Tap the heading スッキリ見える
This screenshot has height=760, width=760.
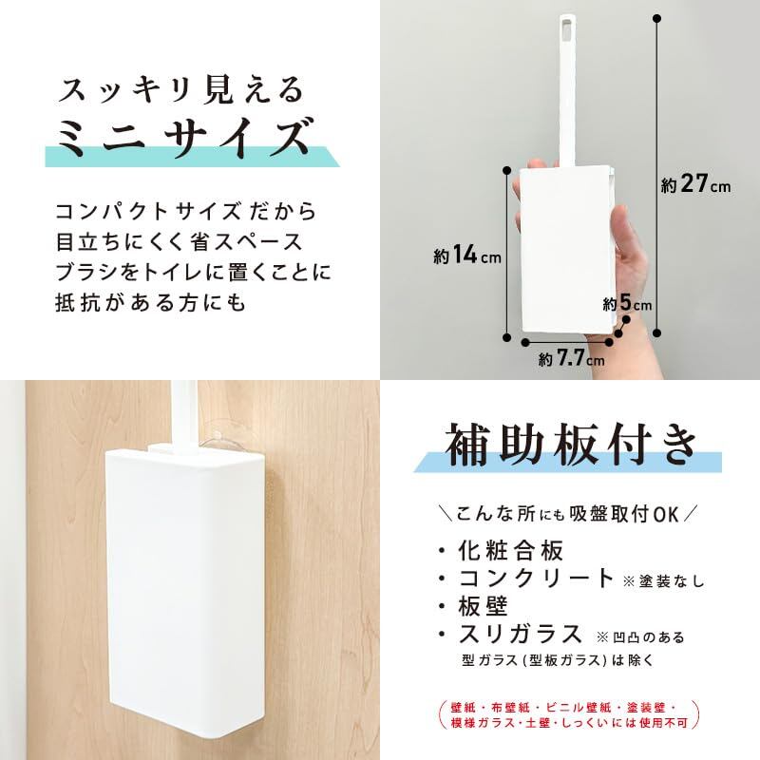[180, 90]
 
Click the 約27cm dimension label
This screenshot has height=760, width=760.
[695, 184]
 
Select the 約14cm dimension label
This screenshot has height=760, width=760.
[467, 255]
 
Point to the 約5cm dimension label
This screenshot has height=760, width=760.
[627, 303]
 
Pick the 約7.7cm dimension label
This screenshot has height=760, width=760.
[572, 359]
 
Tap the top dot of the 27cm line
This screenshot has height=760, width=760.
[656, 19]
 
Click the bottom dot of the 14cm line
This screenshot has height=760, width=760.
[507, 337]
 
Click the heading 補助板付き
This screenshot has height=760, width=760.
[571, 445]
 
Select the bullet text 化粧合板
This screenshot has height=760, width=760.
[511, 550]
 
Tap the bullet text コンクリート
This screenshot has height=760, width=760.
[537, 579]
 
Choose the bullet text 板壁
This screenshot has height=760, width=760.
[483, 606]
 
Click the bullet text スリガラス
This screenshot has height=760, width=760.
[520, 634]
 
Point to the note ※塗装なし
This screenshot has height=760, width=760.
[663, 580]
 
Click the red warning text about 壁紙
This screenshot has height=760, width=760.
[569, 715]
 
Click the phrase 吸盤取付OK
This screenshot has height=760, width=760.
[624, 514]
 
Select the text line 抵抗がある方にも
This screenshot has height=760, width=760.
[151, 302]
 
